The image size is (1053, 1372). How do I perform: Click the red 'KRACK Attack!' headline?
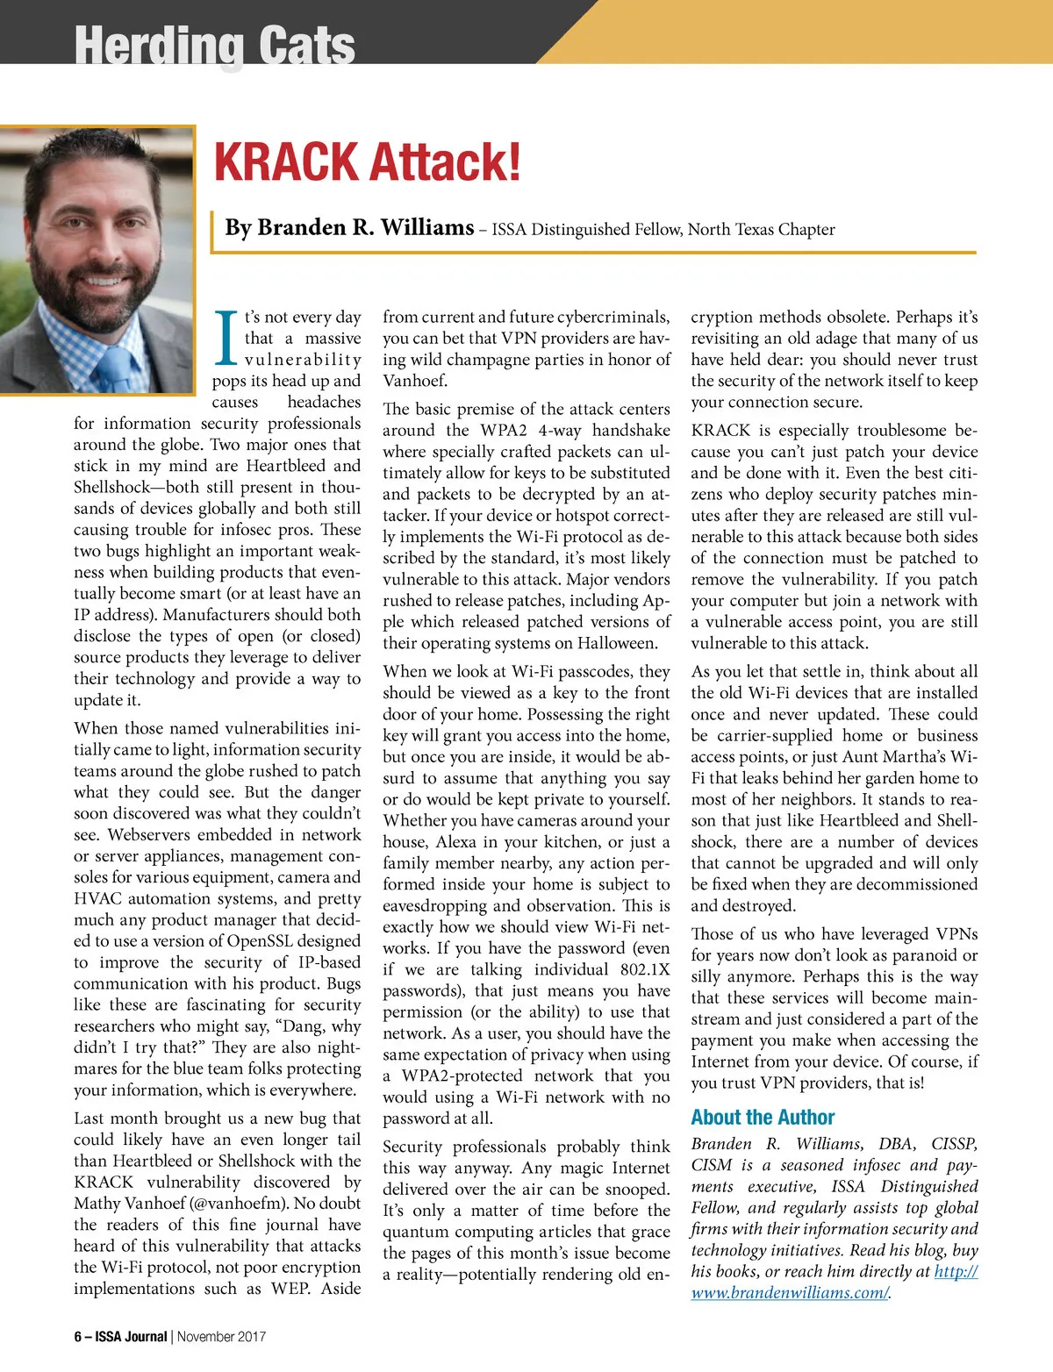tap(368, 162)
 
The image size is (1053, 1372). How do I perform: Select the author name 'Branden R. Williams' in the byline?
tap(349, 228)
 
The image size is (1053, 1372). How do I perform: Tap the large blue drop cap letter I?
tap(226, 338)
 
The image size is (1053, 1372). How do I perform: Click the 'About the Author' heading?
tap(763, 1118)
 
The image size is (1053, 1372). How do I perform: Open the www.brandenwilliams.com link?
tap(791, 1293)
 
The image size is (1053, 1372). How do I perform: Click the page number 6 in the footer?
tap(77, 1337)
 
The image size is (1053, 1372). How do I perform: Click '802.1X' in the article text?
tap(645, 969)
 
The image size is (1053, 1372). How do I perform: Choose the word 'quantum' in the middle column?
tap(418, 1232)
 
